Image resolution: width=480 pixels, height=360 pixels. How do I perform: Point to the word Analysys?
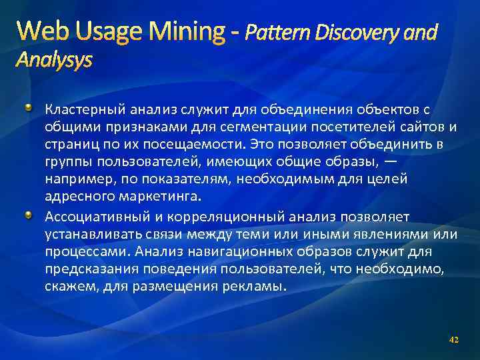point(54,61)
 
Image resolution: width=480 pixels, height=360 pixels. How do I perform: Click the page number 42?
point(454,340)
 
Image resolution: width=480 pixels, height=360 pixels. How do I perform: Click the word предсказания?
point(88,269)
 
